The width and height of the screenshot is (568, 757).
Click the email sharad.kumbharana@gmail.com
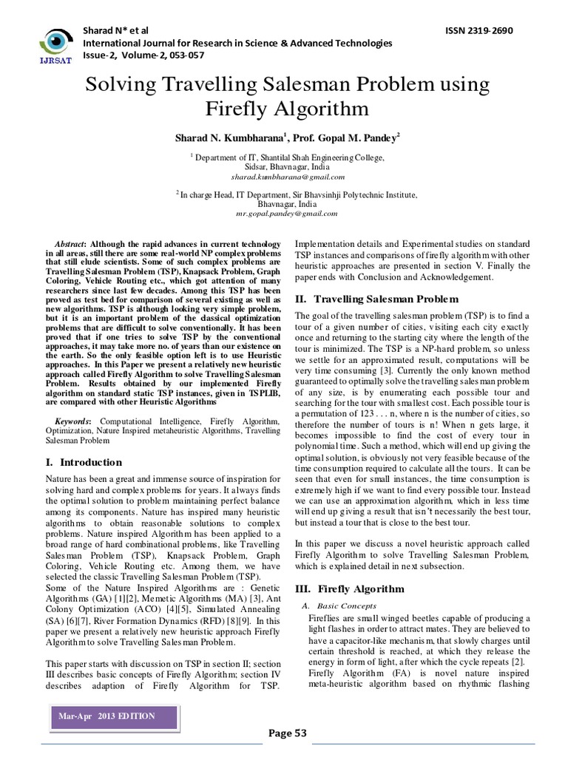click(x=287, y=177)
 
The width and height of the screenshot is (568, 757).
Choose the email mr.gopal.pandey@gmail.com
click(x=287, y=213)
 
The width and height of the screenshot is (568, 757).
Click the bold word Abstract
click(x=70, y=245)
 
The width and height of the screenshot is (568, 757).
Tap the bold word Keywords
click(x=72, y=421)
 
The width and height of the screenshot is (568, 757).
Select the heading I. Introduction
click(x=79, y=462)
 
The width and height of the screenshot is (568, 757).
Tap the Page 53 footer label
click(x=287, y=733)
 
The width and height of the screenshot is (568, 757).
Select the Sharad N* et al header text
click(x=116, y=30)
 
